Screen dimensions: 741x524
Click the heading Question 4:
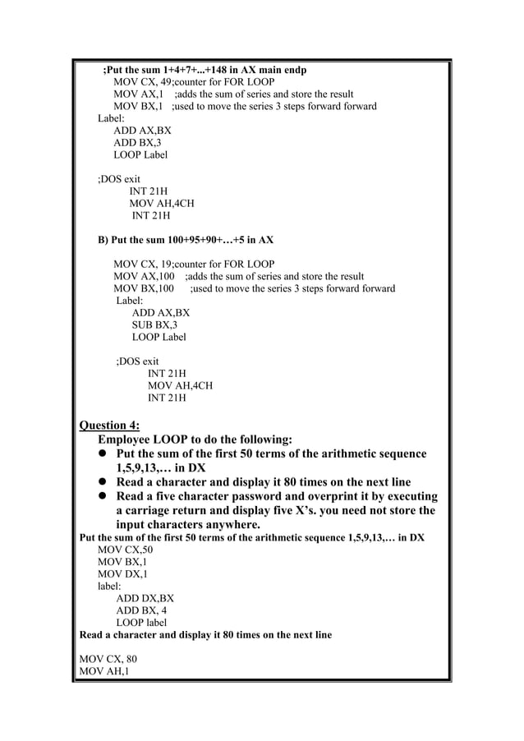coord(108,425)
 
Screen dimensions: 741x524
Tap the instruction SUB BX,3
coord(154,324)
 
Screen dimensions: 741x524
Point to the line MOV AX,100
coord(146,276)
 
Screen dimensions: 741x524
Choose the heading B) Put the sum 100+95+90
coord(186,240)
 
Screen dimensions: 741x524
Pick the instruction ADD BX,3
coord(137,142)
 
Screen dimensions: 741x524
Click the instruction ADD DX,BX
coord(145,598)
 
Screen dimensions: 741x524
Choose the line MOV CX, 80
coord(108,659)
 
